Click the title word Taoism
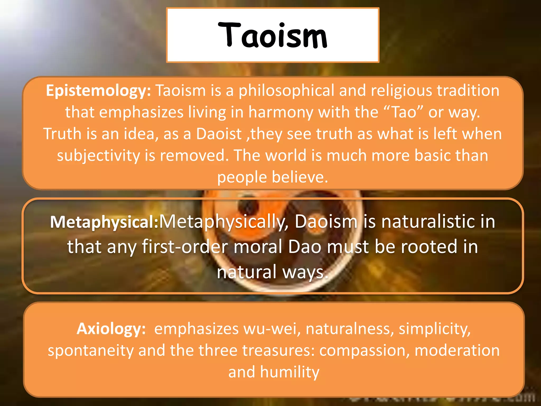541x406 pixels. (x=273, y=36)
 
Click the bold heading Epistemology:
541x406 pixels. (x=98, y=91)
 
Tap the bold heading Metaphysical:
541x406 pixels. (x=104, y=222)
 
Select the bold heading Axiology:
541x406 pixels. (x=111, y=329)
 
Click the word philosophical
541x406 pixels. (x=287, y=91)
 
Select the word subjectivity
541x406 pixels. (x=99, y=155)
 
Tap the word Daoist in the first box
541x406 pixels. (x=219, y=134)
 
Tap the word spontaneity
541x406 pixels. (x=90, y=350)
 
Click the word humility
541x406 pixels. (x=290, y=372)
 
